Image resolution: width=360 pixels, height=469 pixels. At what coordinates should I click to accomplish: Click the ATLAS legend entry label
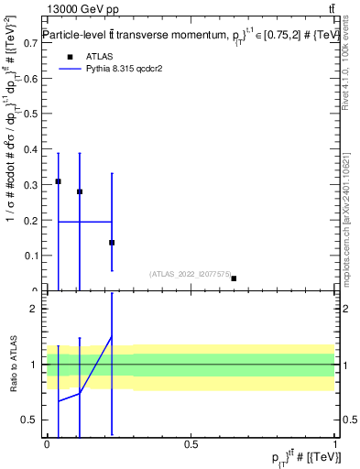pos(100,56)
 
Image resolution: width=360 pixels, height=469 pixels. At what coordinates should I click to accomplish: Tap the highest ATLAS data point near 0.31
pos(58,181)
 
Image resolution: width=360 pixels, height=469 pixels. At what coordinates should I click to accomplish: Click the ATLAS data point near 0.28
pos(80,191)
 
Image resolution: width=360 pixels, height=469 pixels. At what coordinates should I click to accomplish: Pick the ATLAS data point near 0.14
pos(112,243)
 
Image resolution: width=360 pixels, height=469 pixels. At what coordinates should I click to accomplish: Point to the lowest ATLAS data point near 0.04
pos(234,278)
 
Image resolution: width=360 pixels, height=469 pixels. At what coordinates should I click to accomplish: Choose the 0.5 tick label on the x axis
pos(191,443)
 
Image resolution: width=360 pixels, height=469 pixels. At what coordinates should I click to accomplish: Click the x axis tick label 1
pos(335,443)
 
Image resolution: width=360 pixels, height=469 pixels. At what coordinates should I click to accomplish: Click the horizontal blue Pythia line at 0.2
pos(84,222)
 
